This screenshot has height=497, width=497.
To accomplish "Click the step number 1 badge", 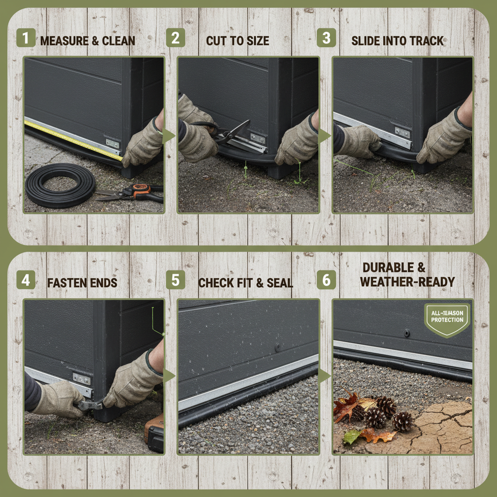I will (25, 38).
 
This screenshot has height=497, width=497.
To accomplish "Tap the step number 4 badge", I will (25, 281).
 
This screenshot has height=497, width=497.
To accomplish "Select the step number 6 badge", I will (326, 280).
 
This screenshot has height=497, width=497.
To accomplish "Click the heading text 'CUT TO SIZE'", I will (237, 41).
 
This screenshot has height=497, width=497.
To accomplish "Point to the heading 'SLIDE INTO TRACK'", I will (398, 41).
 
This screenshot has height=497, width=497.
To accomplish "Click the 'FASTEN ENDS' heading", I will (82, 283).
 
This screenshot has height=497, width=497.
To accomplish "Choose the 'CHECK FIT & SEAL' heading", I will (246, 283).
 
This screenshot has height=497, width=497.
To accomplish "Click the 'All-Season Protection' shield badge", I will (447, 319).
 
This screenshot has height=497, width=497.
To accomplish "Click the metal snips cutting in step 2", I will (233, 136).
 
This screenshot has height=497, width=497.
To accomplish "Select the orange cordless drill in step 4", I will (154, 432).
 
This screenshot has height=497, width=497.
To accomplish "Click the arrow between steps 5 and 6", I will (324, 376).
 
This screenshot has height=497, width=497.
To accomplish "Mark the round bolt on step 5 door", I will (277, 347).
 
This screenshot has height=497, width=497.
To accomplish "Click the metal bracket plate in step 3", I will (402, 132).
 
